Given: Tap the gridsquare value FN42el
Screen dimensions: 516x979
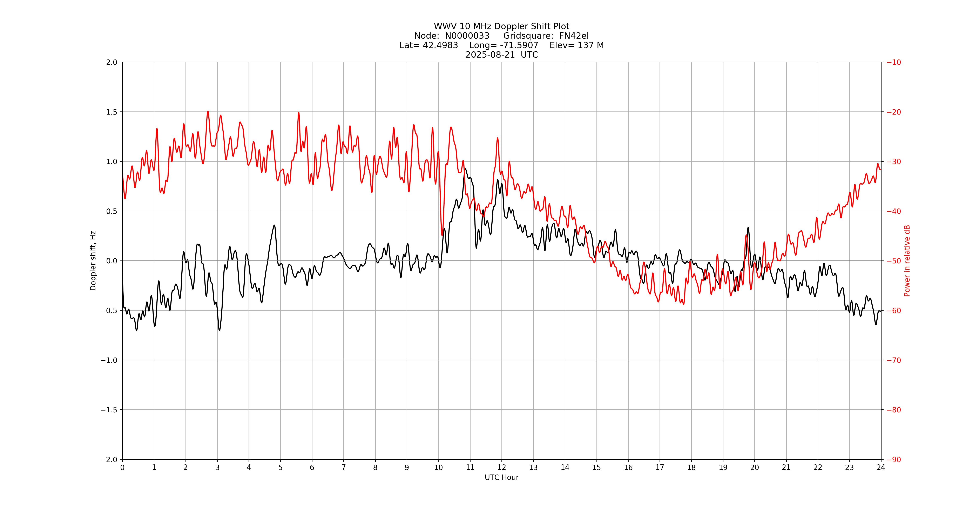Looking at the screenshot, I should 574,36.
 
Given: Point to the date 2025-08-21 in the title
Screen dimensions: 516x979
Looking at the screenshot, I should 490,55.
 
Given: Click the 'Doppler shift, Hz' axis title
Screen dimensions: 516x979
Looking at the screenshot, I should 93,261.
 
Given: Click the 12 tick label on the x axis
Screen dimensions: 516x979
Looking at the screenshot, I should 502,467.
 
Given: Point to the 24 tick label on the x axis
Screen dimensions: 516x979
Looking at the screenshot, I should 881,467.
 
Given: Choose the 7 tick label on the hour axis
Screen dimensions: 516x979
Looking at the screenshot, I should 344,467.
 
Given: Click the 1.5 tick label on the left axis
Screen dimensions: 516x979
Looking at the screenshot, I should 112,112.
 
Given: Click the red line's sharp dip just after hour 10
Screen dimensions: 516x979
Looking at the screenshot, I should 442,235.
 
